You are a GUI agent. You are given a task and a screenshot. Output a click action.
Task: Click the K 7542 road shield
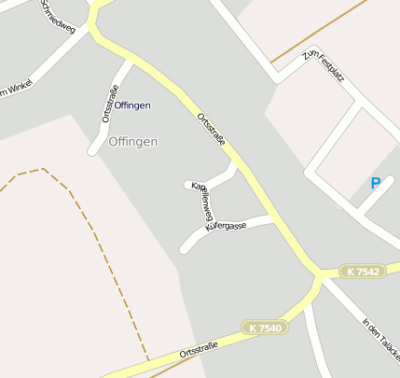(362, 272)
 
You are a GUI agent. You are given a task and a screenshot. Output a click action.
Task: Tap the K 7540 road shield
(264, 328)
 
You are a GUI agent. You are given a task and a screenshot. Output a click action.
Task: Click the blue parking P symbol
(376, 184)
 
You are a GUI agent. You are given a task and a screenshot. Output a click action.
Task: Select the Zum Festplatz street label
(324, 65)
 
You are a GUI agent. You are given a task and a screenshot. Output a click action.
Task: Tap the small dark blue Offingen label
(132, 105)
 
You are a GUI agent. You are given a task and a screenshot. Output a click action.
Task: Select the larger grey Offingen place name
(133, 142)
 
